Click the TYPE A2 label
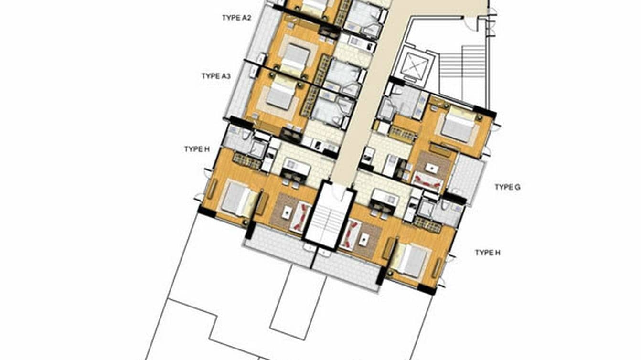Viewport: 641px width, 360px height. pos(236,18)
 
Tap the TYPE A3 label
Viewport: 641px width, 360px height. pos(216,76)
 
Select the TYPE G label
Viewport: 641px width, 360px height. pos(507,187)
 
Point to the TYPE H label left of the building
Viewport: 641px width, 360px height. pos(197,149)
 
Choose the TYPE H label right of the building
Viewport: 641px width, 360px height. pos(487,253)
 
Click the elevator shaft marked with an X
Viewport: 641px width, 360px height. pos(412,64)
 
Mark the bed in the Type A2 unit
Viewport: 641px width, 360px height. pos(295,56)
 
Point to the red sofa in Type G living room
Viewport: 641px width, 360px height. pos(427,180)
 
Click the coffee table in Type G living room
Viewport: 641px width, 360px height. pos(432,168)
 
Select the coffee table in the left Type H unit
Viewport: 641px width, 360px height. pos(287,213)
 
